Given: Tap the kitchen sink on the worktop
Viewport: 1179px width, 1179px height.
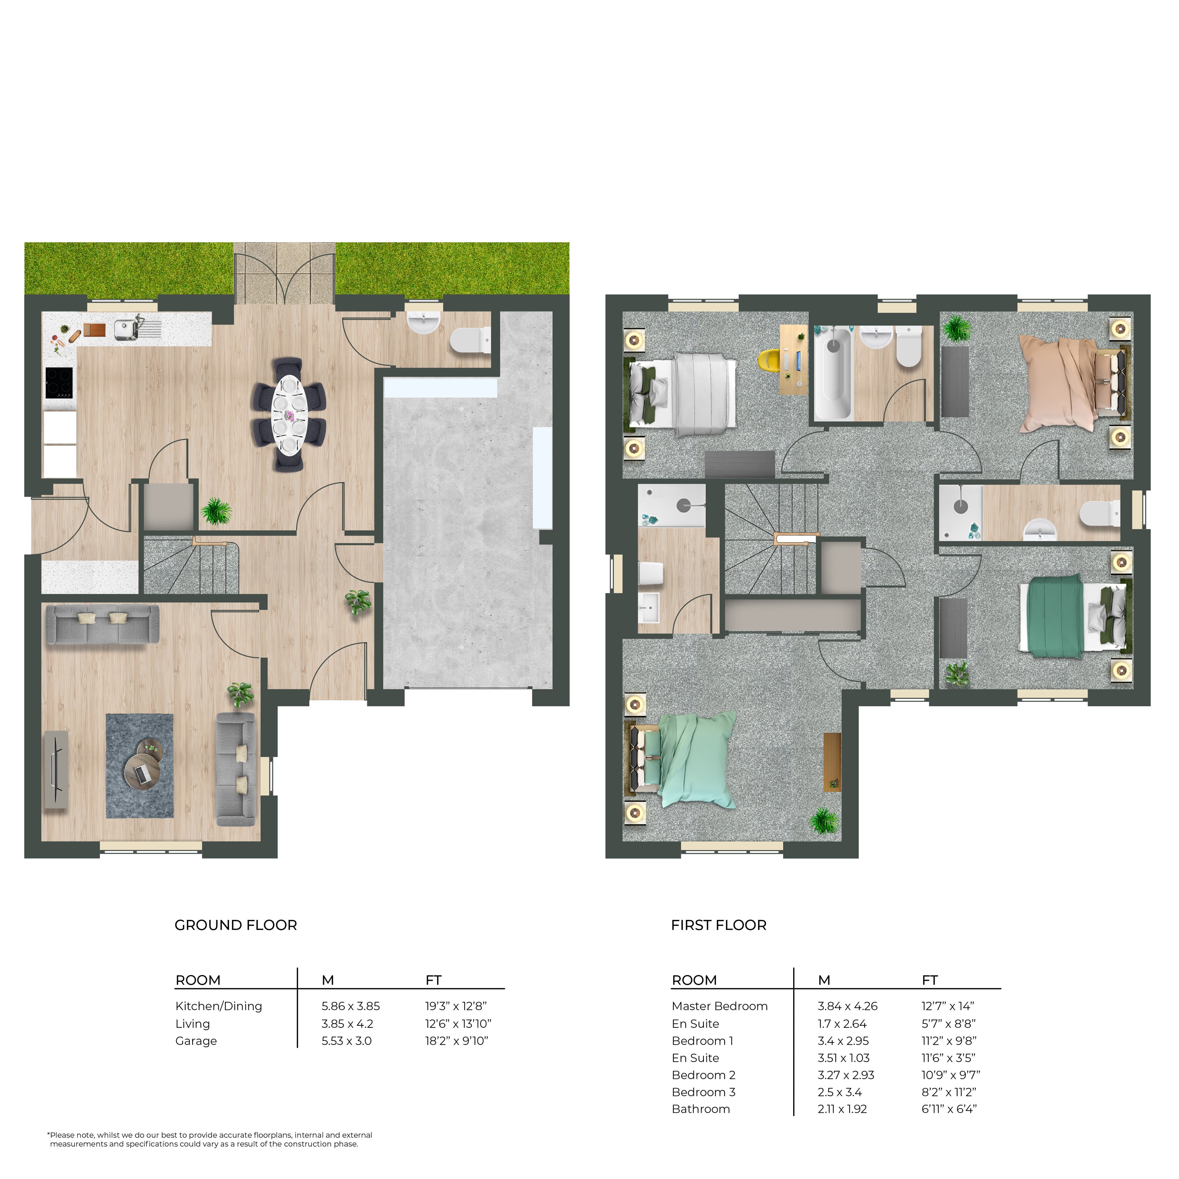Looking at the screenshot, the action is [127, 329].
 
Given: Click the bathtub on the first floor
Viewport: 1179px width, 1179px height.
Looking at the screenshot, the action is [834, 373].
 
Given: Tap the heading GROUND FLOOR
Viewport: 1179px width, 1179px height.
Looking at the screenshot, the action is [235, 925].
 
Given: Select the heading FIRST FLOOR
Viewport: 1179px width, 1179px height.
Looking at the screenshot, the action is [718, 925].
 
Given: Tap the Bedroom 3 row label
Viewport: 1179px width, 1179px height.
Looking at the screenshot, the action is [703, 1092].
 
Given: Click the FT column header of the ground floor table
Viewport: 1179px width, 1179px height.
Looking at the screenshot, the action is [433, 980].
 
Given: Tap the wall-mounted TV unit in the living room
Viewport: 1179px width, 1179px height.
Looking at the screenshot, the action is [56, 769].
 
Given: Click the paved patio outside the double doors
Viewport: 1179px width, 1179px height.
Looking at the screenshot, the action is [284, 273].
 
